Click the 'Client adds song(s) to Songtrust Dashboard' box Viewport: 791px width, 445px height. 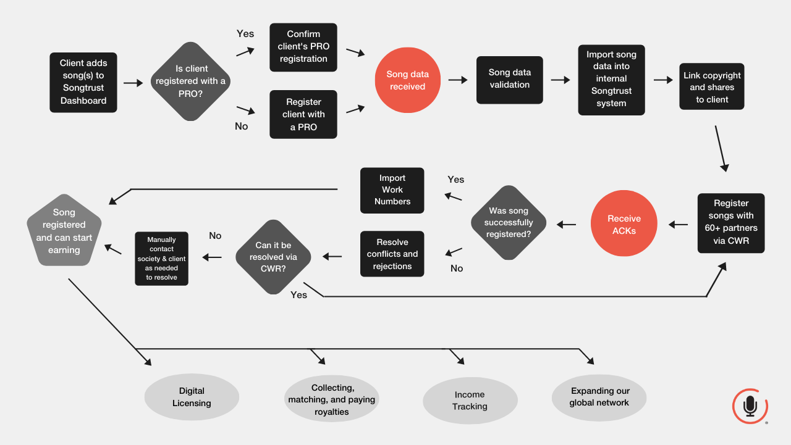(83, 83)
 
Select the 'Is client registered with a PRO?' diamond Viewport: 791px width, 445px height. (191, 81)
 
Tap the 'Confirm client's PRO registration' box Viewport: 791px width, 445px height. (303, 48)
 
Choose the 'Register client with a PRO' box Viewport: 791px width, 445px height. (303, 114)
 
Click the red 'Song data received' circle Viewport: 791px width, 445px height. (407, 80)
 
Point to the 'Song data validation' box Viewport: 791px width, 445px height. (510, 80)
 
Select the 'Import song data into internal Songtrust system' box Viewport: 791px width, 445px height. (611, 80)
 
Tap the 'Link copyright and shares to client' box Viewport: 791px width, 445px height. (712, 86)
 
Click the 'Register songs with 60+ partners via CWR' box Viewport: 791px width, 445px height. (731, 223)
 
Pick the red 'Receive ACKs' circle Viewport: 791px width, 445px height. (624, 223)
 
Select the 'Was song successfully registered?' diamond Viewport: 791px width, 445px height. (509, 222)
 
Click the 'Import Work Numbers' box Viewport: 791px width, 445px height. (392, 191)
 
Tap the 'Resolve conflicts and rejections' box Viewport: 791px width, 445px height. (392, 254)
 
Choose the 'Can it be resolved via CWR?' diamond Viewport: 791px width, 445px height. (273, 257)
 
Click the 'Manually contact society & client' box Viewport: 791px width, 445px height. (161, 259)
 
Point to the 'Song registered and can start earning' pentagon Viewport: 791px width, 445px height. (64, 231)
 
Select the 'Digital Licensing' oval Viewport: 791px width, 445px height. (192, 397)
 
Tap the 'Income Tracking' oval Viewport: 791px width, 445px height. (470, 401)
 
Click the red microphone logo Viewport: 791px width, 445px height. (750, 406)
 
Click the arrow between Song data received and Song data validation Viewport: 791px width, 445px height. (458, 80)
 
